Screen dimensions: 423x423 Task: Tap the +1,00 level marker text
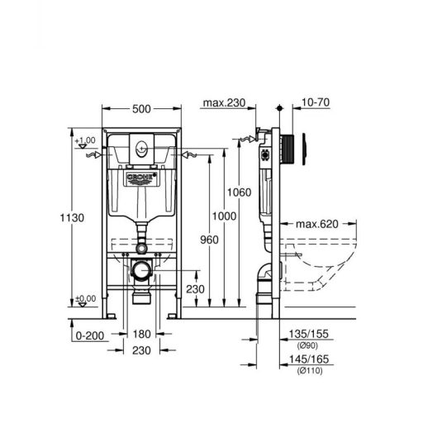85,141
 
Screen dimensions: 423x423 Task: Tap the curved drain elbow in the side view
265,275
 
